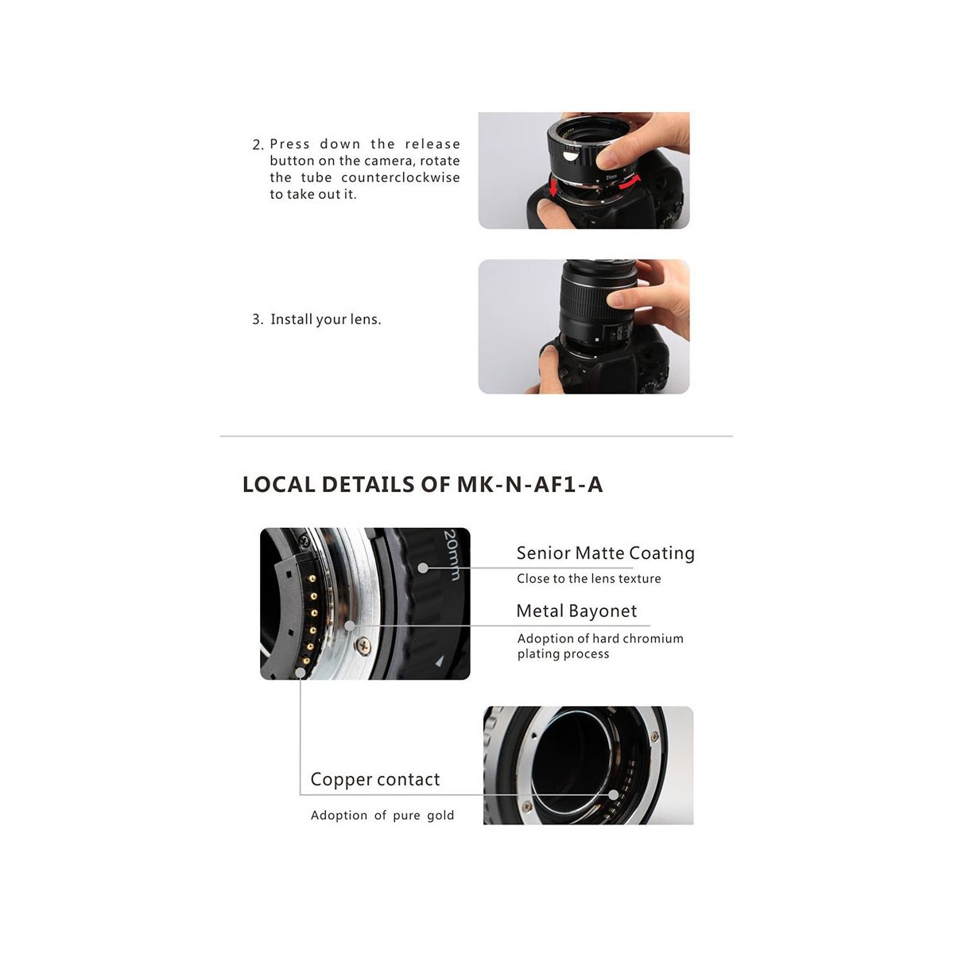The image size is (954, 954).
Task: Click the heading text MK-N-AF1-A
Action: [529, 484]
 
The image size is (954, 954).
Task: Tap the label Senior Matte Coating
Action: [606, 553]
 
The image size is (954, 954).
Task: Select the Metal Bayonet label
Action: [576, 611]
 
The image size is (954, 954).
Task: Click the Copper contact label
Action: [374, 780]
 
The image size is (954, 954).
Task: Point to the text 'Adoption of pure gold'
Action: [382, 816]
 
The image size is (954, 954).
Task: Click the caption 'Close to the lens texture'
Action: [588, 578]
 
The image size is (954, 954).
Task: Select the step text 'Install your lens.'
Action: [326, 320]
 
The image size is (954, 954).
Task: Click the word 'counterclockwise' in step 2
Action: [401, 177]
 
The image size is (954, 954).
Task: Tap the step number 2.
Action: [258, 145]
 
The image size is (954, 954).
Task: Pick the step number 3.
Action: [258, 320]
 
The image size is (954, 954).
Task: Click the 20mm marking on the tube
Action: [452, 554]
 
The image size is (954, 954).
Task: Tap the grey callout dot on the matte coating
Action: [423, 568]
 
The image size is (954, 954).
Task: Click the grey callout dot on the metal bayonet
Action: [350, 626]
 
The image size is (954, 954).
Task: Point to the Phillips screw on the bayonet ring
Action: [363, 644]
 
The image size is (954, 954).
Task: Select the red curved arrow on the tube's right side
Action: [630, 183]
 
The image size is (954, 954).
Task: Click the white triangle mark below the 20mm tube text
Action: [440, 661]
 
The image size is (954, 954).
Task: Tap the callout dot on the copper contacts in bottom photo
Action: [614, 795]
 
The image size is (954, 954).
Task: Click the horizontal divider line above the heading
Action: [476, 436]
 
